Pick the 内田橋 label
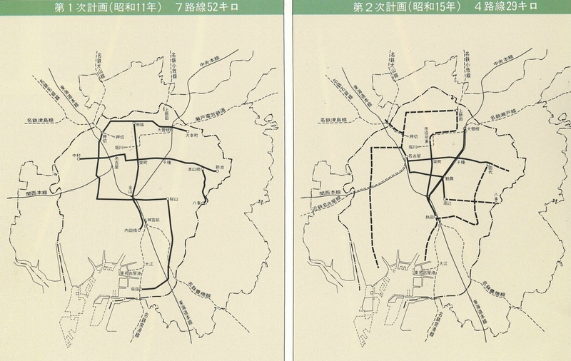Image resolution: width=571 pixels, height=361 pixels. (131, 230)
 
